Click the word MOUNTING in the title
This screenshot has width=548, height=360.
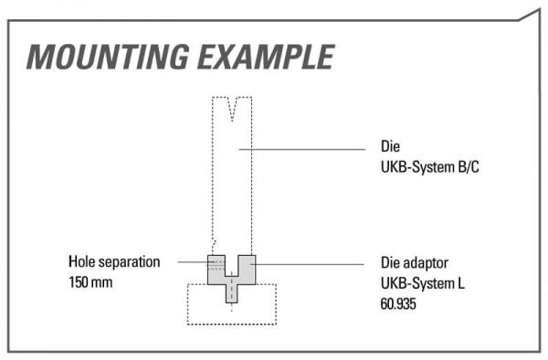coord(108,57)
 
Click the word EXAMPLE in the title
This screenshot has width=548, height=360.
coord(267,57)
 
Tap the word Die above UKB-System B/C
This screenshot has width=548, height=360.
coord(390,146)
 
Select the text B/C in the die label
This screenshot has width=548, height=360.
coord(469,167)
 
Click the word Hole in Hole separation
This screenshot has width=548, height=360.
coord(81,262)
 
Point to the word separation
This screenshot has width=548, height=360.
coord(129,263)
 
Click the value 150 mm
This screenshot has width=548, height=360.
coord(90,282)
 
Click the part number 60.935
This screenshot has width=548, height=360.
coord(398,303)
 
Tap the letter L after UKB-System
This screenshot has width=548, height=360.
coord(461,283)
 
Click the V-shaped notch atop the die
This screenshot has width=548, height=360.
coord(232,109)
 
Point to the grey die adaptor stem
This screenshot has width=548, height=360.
coord(232,290)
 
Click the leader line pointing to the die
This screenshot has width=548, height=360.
coord(302,149)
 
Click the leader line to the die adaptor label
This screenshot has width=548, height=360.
coord(307,264)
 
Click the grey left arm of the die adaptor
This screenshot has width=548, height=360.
coord(216,270)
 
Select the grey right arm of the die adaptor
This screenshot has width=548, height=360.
coord(247,270)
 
